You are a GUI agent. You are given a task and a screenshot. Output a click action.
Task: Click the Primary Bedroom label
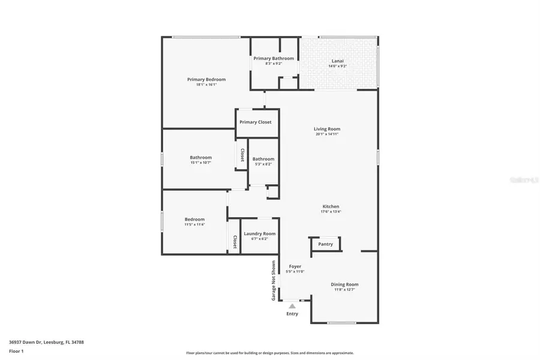click(x=206, y=79)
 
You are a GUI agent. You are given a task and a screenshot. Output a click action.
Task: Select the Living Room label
click(x=327, y=129)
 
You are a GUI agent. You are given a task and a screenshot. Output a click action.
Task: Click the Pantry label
click(x=325, y=244)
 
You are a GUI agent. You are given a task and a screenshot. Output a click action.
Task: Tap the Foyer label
click(x=295, y=266)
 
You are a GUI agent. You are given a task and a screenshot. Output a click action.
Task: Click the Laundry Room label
click(x=260, y=233)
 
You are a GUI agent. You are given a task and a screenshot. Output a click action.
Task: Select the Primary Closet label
click(x=256, y=122)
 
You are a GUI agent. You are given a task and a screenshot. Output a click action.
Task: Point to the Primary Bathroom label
click(x=274, y=58)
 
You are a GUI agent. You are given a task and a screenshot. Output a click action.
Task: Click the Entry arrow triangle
click(x=292, y=306)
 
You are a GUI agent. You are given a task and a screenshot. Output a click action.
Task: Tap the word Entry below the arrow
click(x=292, y=314)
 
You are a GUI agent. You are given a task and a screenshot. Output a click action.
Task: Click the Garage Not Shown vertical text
click(x=274, y=280)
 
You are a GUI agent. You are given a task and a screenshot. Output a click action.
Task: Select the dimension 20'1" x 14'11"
click(x=327, y=134)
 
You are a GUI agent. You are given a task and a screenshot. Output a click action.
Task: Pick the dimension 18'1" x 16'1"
click(x=206, y=85)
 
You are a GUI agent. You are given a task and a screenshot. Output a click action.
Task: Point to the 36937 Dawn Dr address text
click(x=46, y=342)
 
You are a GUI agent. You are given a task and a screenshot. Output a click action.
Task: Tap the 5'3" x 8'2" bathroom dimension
click(x=263, y=164)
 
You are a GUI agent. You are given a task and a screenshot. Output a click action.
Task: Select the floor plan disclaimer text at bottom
click(x=269, y=353)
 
